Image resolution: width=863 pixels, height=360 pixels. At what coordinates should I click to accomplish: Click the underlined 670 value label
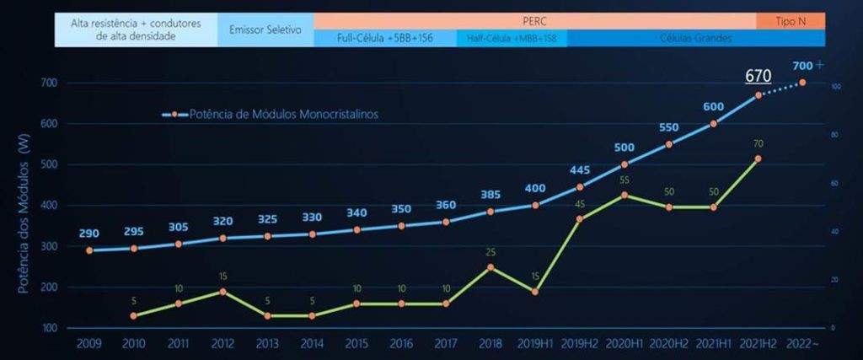(x=758, y=76)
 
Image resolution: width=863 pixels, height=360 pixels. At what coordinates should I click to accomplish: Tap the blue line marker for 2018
(x=490, y=212)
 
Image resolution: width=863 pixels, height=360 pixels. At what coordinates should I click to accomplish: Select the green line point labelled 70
(x=758, y=159)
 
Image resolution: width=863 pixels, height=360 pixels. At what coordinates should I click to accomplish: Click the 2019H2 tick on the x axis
(x=580, y=343)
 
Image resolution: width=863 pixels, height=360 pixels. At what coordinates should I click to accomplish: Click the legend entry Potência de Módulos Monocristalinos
(x=270, y=115)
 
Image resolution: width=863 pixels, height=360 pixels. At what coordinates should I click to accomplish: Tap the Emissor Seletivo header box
(x=265, y=29)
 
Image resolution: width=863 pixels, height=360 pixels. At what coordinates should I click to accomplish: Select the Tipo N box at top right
(x=791, y=20)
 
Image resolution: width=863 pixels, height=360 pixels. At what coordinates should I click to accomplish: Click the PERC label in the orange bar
(x=534, y=20)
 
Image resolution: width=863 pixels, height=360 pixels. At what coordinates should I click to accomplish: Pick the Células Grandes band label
(x=695, y=38)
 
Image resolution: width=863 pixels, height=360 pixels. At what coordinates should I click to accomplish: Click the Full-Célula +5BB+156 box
(x=385, y=38)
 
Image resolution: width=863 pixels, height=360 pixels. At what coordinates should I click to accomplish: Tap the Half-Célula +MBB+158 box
(x=512, y=38)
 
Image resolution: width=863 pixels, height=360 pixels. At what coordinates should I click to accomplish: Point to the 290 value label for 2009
(x=89, y=233)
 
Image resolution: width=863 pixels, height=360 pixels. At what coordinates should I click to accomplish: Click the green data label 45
(x=580, y=204)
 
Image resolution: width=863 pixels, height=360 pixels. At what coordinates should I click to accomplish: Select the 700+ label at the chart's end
(x=807, y=65)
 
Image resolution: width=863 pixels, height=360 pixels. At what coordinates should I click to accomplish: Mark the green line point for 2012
(x=222, y=292)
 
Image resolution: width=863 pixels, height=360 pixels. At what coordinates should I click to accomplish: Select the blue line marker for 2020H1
(x=624, y=164)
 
